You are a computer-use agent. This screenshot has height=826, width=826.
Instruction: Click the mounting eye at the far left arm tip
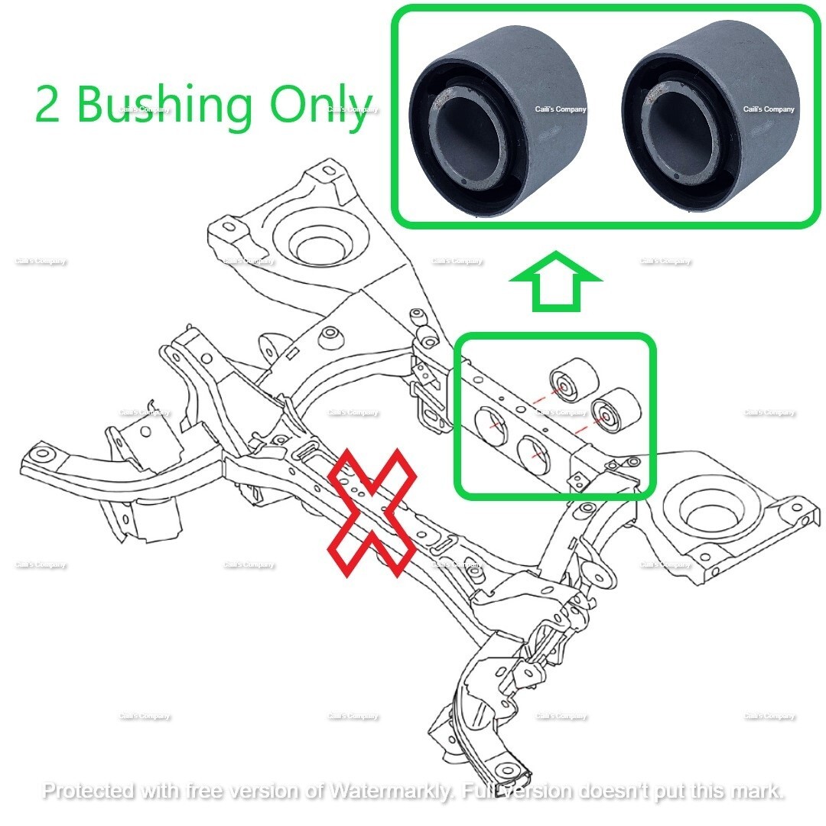click(x=43, y=455)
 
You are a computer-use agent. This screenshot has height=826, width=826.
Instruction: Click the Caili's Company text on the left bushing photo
click(x=560, y=109)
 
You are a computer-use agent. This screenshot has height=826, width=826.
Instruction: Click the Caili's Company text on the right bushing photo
click(x=769, y=109)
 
